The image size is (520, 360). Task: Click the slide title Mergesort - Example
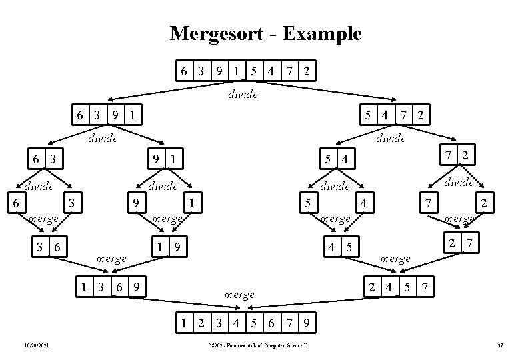265,33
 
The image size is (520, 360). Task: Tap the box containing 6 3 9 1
107,115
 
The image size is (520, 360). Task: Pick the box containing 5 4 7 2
393,115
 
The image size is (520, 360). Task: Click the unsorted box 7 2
459,155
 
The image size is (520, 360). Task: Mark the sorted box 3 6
51,247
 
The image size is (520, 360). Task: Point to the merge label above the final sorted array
239,294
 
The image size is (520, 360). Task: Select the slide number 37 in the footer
500,345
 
